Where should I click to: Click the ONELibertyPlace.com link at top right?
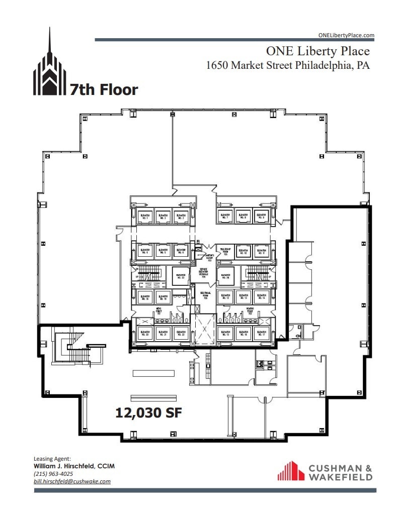click(x=346, y=35)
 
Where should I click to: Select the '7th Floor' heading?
click(x=104, y=90)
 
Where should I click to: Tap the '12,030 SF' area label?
click(x=148, y=413)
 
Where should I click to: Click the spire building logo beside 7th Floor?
click(x=49, y=65)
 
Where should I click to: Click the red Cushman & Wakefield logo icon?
click(x=291, y=471)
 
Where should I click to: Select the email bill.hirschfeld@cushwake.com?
click(x=72, y=481)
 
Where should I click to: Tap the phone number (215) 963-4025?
click(x=53, y=474)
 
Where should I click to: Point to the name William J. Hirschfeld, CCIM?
click(x=74, y=466)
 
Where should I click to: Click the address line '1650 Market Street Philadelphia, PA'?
click(x=288, y=65)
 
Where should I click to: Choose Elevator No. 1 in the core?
click(x=145, y=216)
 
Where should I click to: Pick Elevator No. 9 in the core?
click(x=261, y=216)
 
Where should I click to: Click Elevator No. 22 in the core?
click(x=180, y=333)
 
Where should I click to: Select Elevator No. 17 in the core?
click(x=261, y=333)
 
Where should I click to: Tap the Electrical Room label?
click(x=205, y=295)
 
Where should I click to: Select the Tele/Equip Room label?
click(x=225, y=250)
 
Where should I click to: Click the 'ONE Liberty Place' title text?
click(x=317, y=51)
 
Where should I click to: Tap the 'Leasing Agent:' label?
click(x=53, y=459)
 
